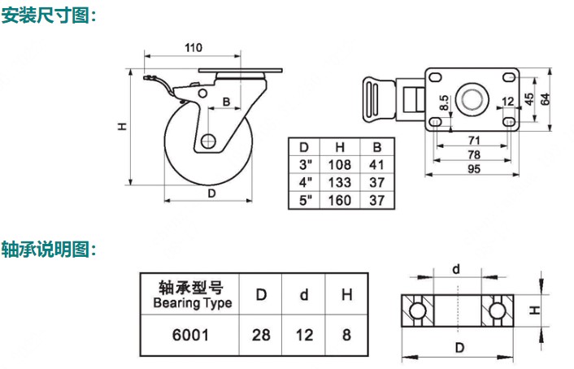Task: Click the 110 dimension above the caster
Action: click(x=193, y=48)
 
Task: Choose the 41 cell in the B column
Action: click(x=376, y=164)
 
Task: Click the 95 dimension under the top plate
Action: click(x=472, y=169)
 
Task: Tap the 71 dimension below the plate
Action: click(x=472, y=141)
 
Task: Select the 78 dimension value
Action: click(x=472, y=154)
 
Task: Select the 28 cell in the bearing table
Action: click(x=262, y=334)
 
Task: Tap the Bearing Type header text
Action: click(x=193, y=303)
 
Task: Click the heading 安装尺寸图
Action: click(x=49, y=15)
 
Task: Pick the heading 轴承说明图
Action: click(x=49, y=249)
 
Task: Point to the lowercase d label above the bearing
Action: click(x=457, y=269)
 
